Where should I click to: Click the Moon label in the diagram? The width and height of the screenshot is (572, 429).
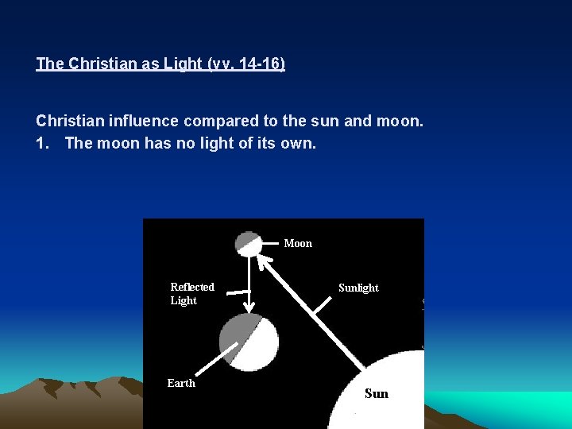298,243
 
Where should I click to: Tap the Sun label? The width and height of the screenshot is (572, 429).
377,393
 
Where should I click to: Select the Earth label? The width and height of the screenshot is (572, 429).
181,383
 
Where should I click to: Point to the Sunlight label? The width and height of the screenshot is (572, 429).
358,288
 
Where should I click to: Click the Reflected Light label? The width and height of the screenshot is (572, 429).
192,293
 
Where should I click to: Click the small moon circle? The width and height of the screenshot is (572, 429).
249,243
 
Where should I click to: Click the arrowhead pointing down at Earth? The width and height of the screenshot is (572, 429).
249,307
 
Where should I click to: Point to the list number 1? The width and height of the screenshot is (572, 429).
41,143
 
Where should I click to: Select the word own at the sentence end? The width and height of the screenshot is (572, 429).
300,143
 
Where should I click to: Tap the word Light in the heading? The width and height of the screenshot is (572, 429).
184,64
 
